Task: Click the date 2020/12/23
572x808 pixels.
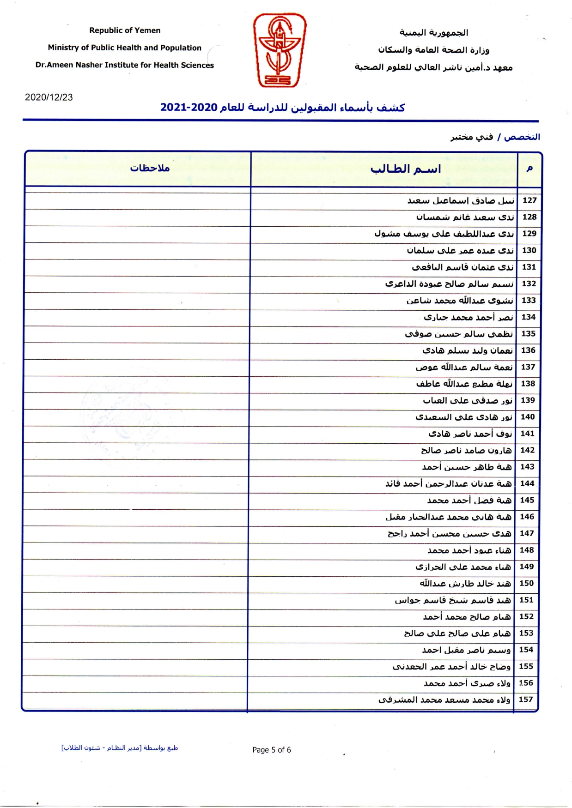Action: [49, 97]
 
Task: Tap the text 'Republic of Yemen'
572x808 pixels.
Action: [125, 30]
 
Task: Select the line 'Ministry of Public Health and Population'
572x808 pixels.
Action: [125, 48]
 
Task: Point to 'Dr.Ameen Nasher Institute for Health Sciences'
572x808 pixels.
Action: [125, 65]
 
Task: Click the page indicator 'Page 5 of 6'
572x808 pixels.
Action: [272, 749]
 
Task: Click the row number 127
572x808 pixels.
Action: [529, 200]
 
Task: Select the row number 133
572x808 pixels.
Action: [529, 301]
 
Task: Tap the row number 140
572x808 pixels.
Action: [528, 417]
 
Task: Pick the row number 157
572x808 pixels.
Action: [526, 699]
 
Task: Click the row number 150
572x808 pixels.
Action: [527, 583]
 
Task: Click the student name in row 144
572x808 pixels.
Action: [449, 484]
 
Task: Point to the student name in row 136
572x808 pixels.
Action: [467, 350]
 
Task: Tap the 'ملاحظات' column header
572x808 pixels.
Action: [150, 168]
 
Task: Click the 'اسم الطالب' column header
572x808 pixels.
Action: [406, 169]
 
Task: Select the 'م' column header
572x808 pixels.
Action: [529, 169]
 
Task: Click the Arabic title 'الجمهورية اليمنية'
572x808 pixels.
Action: [433, 33]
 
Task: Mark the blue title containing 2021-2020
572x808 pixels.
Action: [282, 108]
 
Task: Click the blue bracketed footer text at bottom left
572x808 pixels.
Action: [120, 748]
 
